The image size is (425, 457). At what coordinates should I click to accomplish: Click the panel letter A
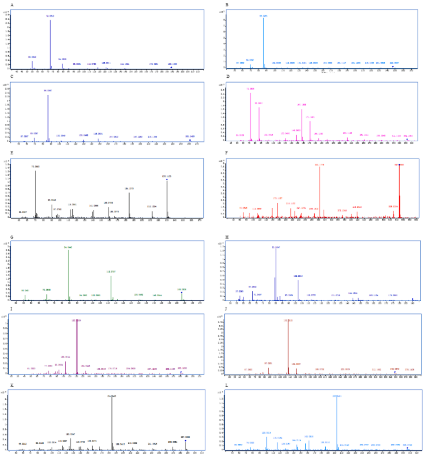pyautogui.click(x=12, y=5)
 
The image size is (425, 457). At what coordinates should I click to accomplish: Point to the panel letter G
pyautogui.click(x=12, y=237)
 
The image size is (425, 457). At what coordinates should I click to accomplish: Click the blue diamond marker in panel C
pyautogui.click(x=190, y=140)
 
